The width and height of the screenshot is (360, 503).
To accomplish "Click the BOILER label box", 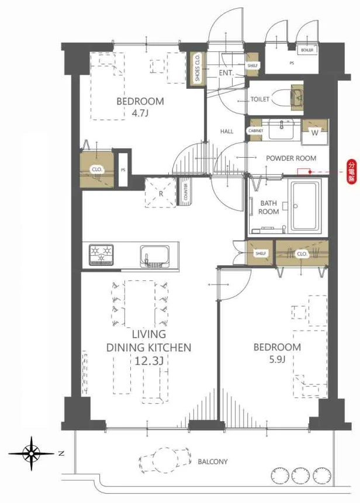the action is click(307, 50).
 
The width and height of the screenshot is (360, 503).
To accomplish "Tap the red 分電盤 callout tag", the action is click(352, 172).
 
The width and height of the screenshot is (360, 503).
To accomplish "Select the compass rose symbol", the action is click(32, 453).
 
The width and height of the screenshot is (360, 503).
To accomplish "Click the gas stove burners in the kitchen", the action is click(102, 255).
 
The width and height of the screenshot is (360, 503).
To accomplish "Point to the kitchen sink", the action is click(155, 256).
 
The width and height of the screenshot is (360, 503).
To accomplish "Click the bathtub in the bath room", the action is click(305, 206).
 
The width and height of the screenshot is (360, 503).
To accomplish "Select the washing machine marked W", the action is click(315, 132).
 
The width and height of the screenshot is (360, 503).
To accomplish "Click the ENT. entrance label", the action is click(226, 73).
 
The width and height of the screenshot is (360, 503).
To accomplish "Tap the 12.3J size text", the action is click(149, 361).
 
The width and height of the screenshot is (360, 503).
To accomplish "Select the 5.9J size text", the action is click(277, 359).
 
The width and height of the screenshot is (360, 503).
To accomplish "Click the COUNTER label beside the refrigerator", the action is click(186, 192).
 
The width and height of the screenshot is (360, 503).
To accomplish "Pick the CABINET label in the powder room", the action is click(256, 131).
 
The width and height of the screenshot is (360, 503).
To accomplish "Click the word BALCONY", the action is click(213, 462).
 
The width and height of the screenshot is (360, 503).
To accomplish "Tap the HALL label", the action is click(227, 131).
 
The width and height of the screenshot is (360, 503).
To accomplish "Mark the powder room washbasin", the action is click(282, 129).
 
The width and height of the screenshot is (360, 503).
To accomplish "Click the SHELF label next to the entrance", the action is click(252, 65).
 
